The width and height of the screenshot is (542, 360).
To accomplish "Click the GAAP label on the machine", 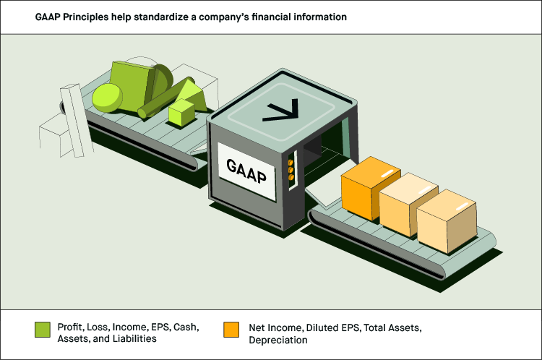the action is (246, 171).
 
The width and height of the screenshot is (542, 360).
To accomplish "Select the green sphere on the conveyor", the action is (107, 98).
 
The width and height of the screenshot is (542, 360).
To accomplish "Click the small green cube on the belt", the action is (181, 113).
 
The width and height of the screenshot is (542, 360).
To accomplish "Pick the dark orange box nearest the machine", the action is (370, 188).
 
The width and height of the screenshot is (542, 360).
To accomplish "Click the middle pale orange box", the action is (408, 204).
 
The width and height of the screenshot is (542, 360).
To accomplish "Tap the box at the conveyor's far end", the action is (447, 221).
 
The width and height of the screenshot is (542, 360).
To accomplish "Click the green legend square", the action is (43, 330).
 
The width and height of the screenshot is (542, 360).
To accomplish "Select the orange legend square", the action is (231, 330).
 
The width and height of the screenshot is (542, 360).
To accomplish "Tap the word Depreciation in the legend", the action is (278, 340).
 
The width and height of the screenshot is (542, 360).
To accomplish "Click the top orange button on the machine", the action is (291, 162).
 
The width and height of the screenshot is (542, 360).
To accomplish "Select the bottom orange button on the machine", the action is (291, 177).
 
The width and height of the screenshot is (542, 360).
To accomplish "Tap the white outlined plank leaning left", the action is (76, 121).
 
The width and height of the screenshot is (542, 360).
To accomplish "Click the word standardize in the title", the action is (161, 17).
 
